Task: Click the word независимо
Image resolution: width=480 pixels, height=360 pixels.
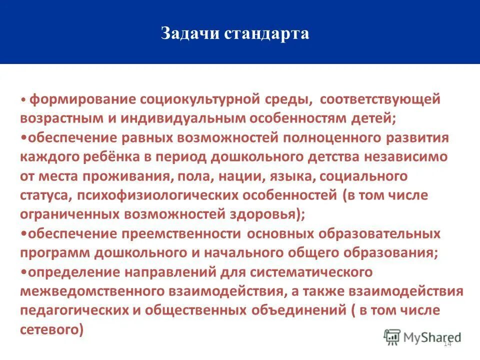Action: click(x=404, y=156)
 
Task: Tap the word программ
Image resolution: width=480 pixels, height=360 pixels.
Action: click(x=54, y=252)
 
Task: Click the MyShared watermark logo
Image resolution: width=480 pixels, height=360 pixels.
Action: click(x=422, y=337)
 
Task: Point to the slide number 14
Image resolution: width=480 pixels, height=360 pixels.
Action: click(x=447, y=344)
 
